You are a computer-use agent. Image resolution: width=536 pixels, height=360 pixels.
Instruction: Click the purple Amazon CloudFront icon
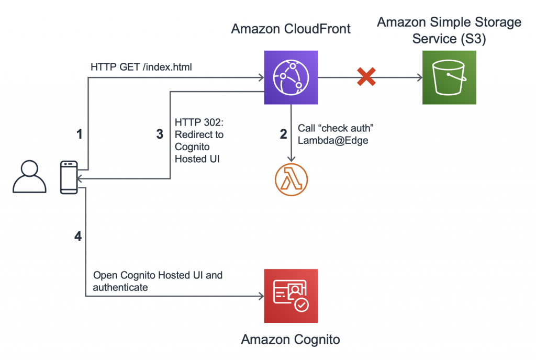click(291, 77)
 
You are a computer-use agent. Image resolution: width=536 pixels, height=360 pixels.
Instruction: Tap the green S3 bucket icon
click(449, 77)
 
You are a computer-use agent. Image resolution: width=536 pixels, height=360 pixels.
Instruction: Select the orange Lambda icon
click(291, 179)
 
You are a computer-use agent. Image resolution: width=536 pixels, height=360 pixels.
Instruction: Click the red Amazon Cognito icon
click(291, 296)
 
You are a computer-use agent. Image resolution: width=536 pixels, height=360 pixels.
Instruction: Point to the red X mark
click(366, 76)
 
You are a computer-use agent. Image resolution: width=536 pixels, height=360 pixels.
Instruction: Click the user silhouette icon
click(29, 176)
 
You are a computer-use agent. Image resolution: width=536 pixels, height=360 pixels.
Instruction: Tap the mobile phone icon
click(69, 177)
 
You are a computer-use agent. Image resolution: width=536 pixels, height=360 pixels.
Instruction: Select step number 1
click(80, 134)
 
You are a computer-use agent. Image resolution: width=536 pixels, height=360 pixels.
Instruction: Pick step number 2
click(283, 134)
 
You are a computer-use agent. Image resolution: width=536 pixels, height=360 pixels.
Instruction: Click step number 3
click(160, 134)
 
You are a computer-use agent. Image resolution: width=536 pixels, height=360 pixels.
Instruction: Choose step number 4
click(78, 236)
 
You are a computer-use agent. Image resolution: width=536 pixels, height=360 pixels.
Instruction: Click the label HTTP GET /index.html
click(141, 67)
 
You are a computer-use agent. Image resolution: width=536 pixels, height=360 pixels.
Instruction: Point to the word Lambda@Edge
click(333, 140)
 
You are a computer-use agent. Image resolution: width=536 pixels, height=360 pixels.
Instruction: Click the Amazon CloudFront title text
click(291, 29)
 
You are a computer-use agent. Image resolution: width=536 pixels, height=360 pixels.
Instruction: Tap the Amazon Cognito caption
click(291, 340)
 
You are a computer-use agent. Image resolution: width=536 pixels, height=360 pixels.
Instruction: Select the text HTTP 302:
click(199, 122)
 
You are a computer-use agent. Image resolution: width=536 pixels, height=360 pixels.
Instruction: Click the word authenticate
click(120, 288)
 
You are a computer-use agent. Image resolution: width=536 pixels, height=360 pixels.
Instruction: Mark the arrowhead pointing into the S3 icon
click(420, 77)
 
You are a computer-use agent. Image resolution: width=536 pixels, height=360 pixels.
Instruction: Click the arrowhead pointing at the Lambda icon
click(291, 159)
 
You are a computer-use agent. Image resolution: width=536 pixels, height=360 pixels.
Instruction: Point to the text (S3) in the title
click(473, 39)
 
